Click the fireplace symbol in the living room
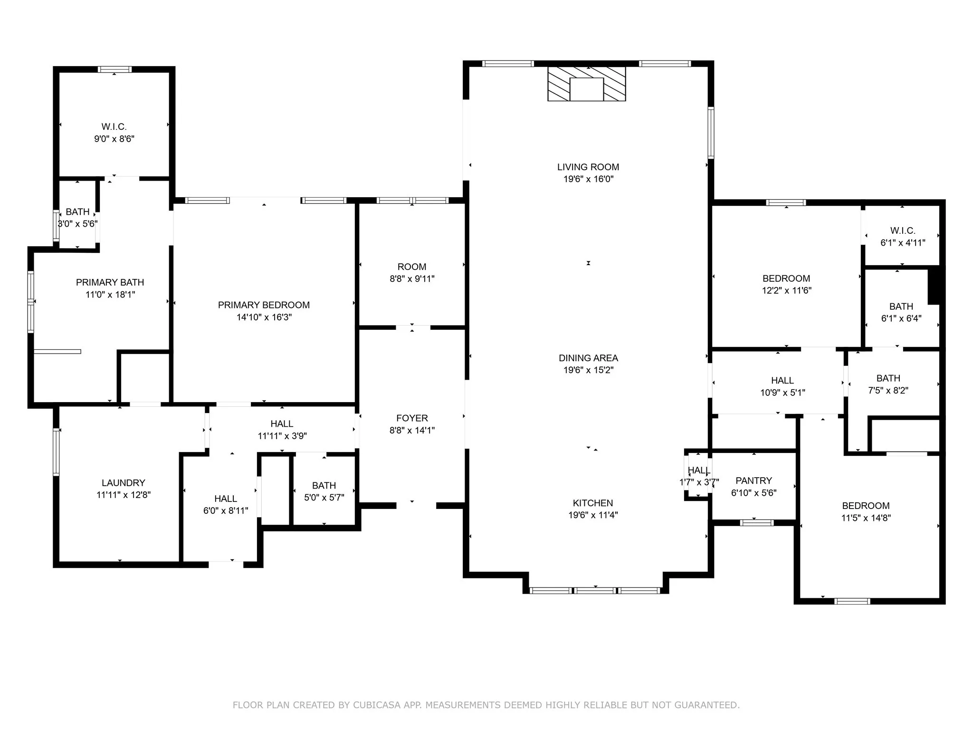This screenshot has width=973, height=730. [x=586, y=84]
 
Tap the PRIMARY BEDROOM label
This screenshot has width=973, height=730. [x=264, y=305]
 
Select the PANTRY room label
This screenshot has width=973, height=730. [x=754, y=480]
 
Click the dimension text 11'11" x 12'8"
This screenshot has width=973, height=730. [x=124, y=495]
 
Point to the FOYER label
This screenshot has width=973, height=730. [x=412, y=418]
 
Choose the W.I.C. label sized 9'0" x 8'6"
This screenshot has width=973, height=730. [x=114, y=127]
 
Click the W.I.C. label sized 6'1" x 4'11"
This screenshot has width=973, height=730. [x=903, y=231]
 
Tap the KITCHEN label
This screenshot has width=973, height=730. [x=592, y=503]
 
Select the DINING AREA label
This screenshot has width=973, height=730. [x=588, y=358]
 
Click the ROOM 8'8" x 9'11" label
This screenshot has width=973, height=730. [x=412, y=267]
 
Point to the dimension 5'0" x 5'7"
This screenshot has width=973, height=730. [x=324, y=498]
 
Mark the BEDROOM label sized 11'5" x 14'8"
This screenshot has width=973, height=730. [x=866, y=506]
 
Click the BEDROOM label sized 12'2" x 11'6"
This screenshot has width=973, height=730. [x=786, y=279]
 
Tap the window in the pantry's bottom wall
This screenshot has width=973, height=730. [x=756, y=523]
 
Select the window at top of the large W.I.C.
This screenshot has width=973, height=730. [x=114, y=69]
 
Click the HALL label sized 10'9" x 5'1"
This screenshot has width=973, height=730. [x=782, y=380]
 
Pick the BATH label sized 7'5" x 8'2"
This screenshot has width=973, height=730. [x=888, y=378]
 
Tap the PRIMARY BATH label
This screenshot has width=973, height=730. [x=110, y=282]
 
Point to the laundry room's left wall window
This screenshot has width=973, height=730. [x=56, y=451]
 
